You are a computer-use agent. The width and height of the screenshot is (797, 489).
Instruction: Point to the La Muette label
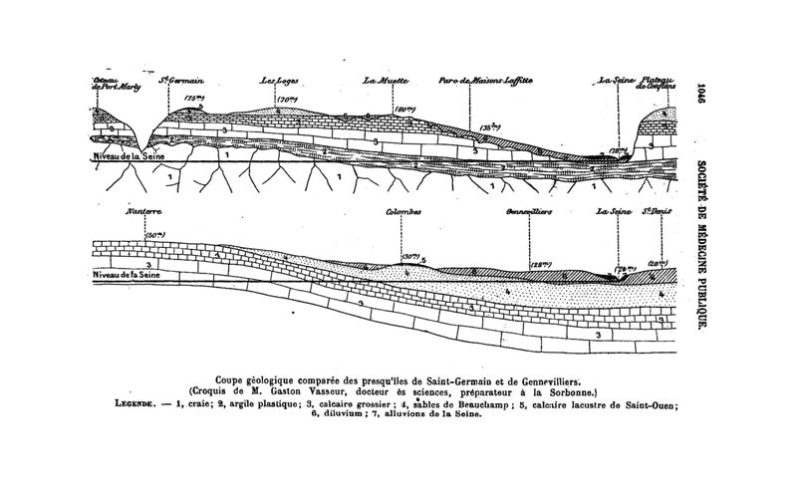[x=382, y=81]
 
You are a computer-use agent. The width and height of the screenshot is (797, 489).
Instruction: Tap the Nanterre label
[x=145, y=212]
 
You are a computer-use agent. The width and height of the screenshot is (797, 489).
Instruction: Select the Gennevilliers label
[x=529, y=212]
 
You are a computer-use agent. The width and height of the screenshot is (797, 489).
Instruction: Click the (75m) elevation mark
[x=193, y=99]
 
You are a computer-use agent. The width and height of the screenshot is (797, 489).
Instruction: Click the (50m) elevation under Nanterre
[x=155, y=234]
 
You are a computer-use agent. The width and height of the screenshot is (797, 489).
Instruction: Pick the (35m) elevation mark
[x=489, y=126]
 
